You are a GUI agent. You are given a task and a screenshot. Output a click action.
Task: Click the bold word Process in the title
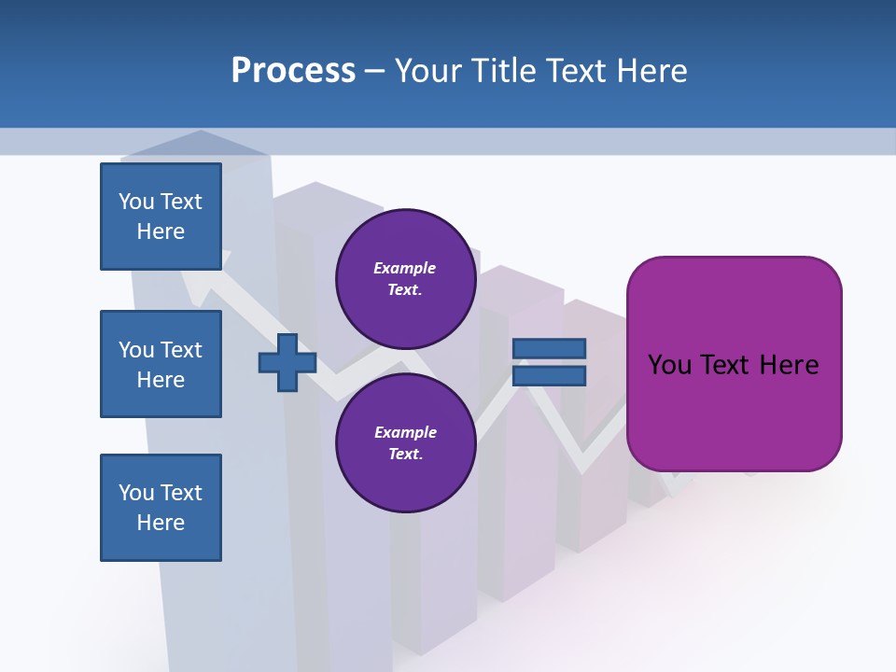(293, 71)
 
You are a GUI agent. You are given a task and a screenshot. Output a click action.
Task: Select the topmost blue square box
(161, 217)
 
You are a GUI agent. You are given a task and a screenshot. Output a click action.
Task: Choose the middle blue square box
(161, 364)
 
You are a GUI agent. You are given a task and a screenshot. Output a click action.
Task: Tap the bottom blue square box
(161, 508)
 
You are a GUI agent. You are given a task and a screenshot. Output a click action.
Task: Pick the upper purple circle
(405, 278)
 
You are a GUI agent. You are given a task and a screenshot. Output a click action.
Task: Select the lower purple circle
(405, 442)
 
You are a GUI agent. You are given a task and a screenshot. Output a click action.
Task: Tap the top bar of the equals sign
(550, 348)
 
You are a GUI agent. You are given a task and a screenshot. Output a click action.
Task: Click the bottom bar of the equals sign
(550, 376)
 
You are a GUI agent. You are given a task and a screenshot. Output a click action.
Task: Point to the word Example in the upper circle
(405, 268)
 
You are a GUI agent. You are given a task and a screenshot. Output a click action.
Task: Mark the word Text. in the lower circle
(405, 455)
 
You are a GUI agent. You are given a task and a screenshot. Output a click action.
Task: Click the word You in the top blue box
(135, 202)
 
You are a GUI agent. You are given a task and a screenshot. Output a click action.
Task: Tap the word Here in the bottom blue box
(161, 523)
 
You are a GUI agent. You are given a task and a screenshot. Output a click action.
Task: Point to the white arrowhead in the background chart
(197, 284)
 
